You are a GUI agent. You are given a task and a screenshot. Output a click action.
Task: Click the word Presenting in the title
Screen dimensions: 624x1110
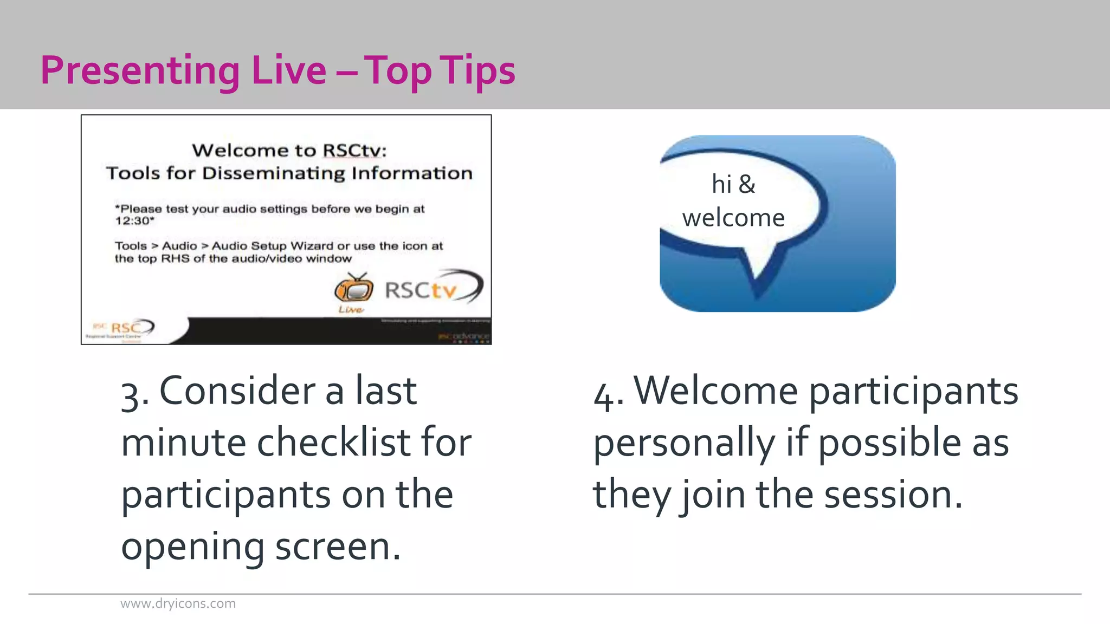point(140,71)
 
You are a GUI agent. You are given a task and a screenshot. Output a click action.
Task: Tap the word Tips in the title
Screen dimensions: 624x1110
point(477,71)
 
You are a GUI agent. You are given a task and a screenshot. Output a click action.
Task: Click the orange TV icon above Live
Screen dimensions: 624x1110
point(353,289)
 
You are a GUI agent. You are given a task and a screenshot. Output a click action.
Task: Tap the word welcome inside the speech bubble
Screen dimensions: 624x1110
point(733,218)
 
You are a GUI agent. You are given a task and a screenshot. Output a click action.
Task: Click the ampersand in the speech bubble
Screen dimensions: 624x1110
point(746,184)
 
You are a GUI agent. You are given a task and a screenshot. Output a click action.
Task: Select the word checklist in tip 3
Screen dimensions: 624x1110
point(334,443)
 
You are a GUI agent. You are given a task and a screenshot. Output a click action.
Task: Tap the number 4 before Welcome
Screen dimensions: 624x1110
point(604,394)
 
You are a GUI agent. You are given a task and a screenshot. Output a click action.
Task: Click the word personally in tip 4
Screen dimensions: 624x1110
point(684,443)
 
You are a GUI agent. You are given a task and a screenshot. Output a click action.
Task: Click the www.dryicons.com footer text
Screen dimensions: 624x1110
point(178,603)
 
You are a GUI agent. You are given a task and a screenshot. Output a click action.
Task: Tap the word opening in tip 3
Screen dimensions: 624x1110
point(193,547)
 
